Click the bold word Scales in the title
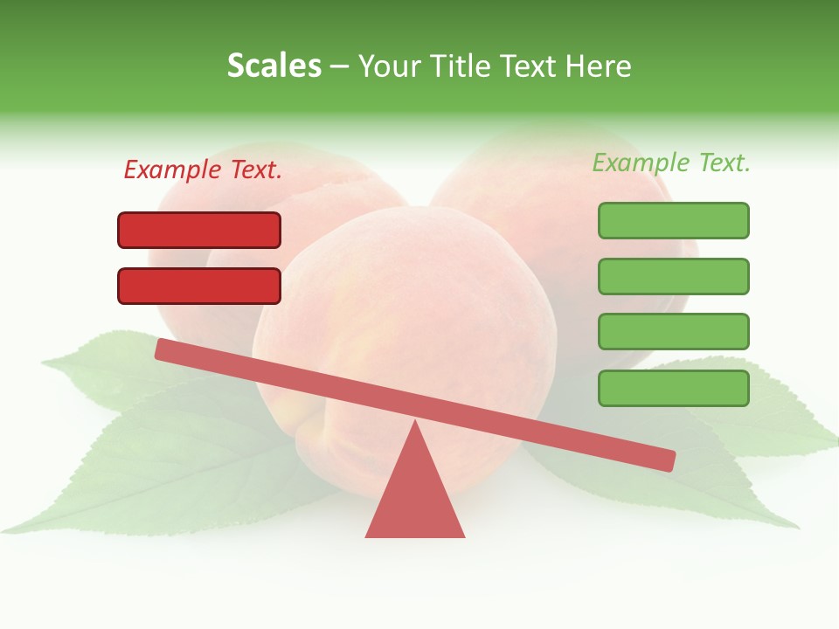pyautogui.click(x=274, y=66)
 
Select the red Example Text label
pyautogui.click(x=203, y=169)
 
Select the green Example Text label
pyautogui.click(x=671, y=162)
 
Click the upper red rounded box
pyautogui.click(x=199, y=230)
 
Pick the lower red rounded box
pyautogui.click(x=199, y=286)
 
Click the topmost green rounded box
pyautogui.click(x=673, y=220)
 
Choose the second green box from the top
pyautogui.click(x=673, y=276)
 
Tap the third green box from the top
pyautogui.click(x=673, y=332)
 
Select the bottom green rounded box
pyautogui.click(x=673, y=388)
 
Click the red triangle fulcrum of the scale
pyautogui.click(x=415, y=498)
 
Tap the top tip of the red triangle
pyautogui.click(x=415, y=423)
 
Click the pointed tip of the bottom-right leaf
pyautogui.click(x=796, y=527)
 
